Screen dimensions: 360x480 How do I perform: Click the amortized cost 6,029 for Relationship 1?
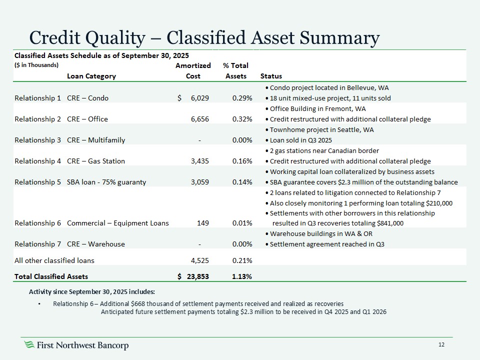click(x=200, y=98)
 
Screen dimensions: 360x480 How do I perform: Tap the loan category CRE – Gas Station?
click(x=96, y=161)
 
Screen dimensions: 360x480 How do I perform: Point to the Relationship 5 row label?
click(x=38, y=182)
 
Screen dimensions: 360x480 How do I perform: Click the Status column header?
click(x=271, y=76)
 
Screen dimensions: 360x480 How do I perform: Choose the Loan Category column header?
click(x=91, y=76)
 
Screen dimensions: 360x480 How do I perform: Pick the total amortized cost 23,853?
click(x=197, y=276)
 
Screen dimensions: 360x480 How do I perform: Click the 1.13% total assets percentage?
click(x=241, y=276)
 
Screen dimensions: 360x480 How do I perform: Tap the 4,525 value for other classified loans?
click(x=199, y=260)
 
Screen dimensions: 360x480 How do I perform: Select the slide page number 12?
click(x=441, y=345)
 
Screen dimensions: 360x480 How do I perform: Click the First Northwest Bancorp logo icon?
click(x=30, y=345)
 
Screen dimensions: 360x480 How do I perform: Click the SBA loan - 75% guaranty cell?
click(x=106, y=182)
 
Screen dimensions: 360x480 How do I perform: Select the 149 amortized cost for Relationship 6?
click(x=203, y=223)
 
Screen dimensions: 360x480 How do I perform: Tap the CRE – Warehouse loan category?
click(x=96, y=244)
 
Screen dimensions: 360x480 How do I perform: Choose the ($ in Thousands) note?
click(x=36, y=65)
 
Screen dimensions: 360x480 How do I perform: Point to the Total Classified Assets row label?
click(x=51, y=276)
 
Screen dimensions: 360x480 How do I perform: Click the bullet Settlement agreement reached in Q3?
click(x=330, y=244)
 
